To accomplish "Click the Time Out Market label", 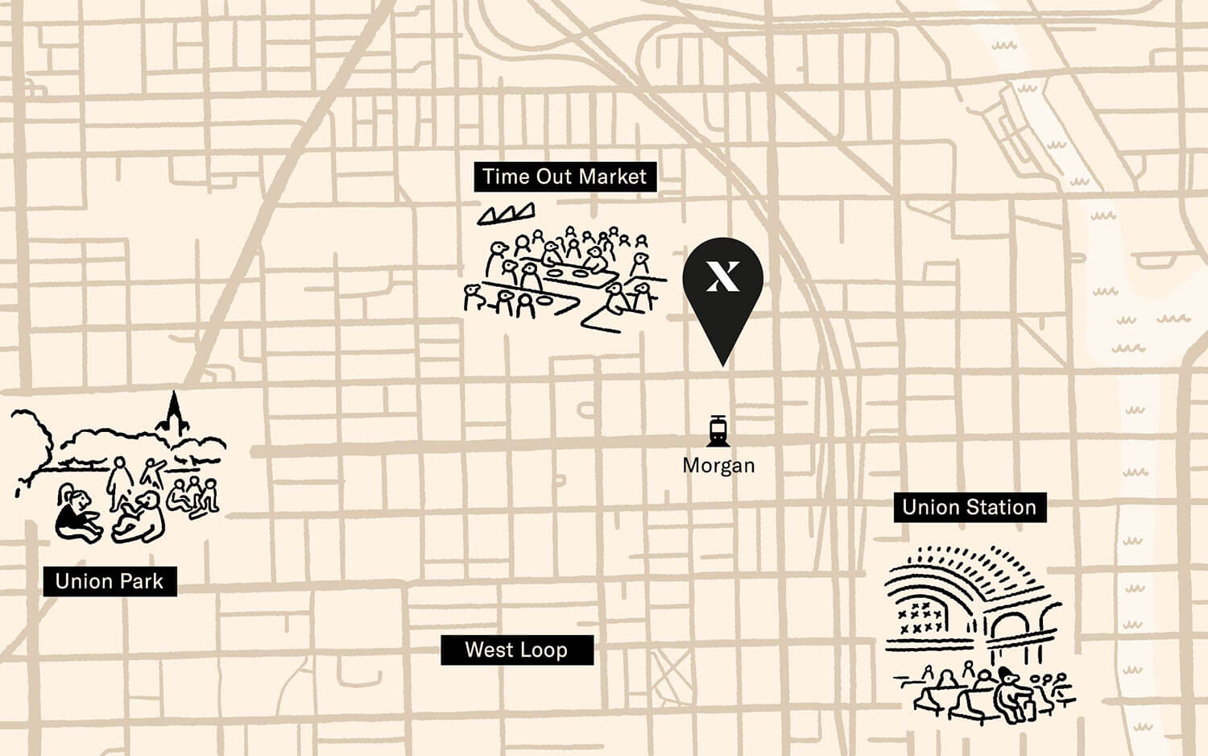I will [x=565, y=177].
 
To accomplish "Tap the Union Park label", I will [x=110, y=581].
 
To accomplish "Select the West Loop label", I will [x=516, y=650].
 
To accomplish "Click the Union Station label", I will [x=969, y=507].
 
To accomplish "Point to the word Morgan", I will [x=718, y=466].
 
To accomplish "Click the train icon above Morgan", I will [x=718, y=431].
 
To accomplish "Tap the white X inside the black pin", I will [x=722, y=276].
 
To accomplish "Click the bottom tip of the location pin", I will [x=722, y=363].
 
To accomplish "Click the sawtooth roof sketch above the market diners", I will [x=507, y=214].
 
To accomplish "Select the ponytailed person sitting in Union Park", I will [x=75, y=516].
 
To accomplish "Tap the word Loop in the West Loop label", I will [x=544, y=650].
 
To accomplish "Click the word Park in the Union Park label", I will [x=143, y=581].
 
